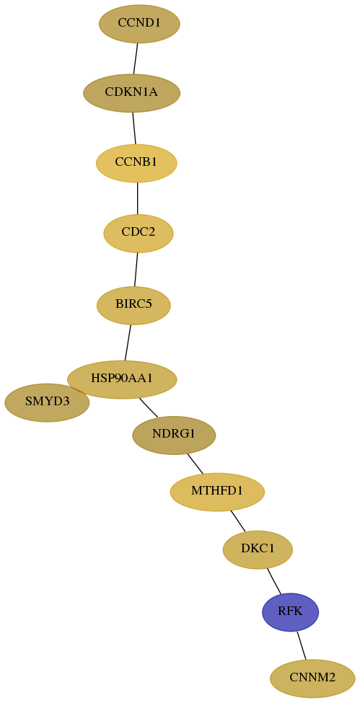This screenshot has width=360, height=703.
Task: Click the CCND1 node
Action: point(139,24)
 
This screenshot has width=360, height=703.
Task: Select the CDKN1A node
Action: point(131,93)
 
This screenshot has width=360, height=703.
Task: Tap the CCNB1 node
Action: point(136,163)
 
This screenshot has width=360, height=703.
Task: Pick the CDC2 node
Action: point(139,233)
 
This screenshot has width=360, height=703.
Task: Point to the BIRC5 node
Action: point(133,305)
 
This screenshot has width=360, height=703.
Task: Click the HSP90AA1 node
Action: point(122,379)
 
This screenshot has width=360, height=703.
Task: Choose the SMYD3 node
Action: point(47,402)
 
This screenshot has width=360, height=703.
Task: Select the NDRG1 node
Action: point(174,435)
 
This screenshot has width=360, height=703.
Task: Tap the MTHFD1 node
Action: point(217,492)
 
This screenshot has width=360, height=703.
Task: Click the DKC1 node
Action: point(258,549)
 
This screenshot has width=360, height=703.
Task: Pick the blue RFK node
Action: point(291,612)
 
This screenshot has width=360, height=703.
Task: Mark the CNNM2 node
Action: point(312,678)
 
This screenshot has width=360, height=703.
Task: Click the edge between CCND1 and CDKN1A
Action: point(135,58)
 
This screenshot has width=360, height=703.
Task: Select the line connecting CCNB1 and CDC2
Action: point(137,198)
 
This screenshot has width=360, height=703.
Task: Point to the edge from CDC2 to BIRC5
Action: point(136,269)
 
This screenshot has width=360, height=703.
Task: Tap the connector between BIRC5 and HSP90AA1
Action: point(128,342)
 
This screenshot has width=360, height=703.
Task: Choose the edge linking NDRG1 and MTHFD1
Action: point(196,464)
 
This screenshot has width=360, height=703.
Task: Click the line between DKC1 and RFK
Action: point(274,581)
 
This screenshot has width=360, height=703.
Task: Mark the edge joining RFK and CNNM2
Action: point(301,645)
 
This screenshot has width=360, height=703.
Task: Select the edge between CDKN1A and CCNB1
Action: point(133,128)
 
